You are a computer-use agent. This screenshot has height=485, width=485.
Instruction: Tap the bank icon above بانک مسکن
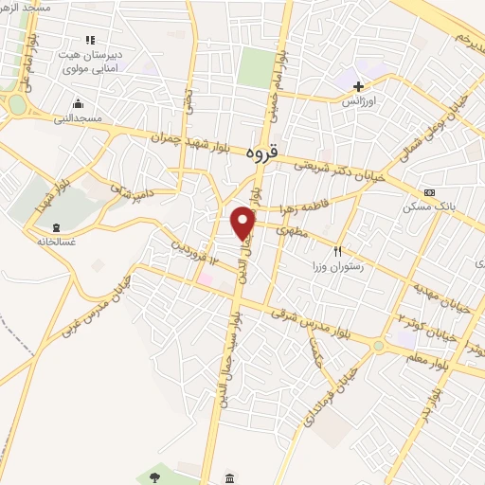tap(429, 191)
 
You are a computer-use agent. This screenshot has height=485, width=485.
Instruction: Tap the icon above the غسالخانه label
tap(55, 227)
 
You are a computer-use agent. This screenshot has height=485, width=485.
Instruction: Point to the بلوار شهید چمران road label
tap(194, 139)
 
